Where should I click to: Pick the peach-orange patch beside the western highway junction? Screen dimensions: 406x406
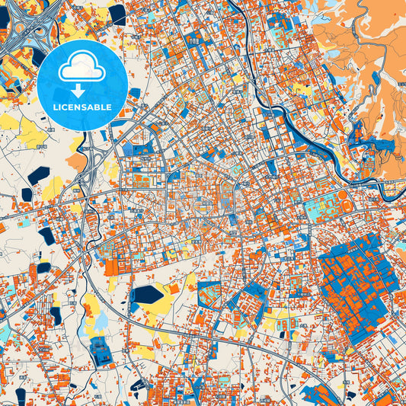pos(77,161)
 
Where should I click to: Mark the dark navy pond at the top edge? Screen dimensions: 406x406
pos(118,13)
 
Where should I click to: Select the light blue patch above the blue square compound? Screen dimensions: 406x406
pos(100,323)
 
